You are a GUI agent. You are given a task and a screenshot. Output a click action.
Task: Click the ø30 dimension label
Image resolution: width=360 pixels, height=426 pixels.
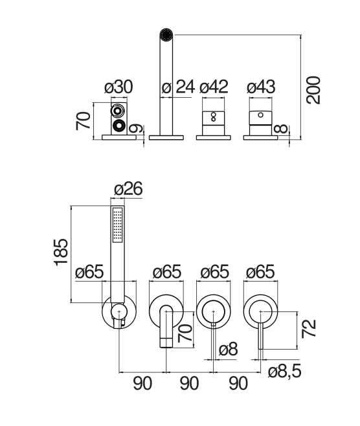pos(118,87)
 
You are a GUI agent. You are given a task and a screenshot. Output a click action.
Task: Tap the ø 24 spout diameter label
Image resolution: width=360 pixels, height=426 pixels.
pos(178,87)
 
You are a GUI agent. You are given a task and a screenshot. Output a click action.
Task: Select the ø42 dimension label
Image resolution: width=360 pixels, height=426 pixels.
pos(214,87)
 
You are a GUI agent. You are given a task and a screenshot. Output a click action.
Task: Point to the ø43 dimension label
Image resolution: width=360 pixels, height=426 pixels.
pos(261,87)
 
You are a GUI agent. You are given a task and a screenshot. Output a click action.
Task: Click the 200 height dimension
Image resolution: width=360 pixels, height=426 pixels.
pos(313,90)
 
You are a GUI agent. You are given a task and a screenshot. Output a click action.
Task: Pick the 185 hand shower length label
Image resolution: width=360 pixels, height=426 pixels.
pos(61,252)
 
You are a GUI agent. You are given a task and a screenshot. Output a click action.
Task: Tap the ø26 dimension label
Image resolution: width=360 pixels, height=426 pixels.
pos(128,188)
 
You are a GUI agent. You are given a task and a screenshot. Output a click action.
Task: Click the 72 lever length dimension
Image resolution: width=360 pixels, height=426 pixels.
pos(309,328)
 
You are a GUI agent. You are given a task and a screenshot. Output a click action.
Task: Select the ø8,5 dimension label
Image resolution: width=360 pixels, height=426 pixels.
pos(285,372)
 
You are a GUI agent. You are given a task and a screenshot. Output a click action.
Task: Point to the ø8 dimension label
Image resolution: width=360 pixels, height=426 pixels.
pos(228,349)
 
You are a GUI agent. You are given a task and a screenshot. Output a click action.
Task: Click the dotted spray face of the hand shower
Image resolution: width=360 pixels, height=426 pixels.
pos(118,225)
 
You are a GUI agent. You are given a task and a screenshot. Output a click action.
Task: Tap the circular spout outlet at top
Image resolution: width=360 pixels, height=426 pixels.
pos(166,35)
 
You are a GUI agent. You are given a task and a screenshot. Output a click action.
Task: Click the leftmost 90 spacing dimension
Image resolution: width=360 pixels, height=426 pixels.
pos(142,383)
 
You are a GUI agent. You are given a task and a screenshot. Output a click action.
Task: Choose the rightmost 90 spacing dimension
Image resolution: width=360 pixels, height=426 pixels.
pos(238,383)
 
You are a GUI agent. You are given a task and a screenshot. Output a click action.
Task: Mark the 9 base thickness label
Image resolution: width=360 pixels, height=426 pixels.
pos(135,128)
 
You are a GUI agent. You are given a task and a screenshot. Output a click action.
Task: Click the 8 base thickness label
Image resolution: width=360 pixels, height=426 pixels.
pos(280,128)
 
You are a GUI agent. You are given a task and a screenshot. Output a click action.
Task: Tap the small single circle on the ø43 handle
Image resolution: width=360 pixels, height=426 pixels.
pos(260,115)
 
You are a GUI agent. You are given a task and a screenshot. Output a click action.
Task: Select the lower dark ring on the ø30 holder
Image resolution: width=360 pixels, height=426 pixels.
pos(119,125)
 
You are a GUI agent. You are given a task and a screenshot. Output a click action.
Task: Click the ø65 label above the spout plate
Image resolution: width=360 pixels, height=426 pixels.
pos(167,272)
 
